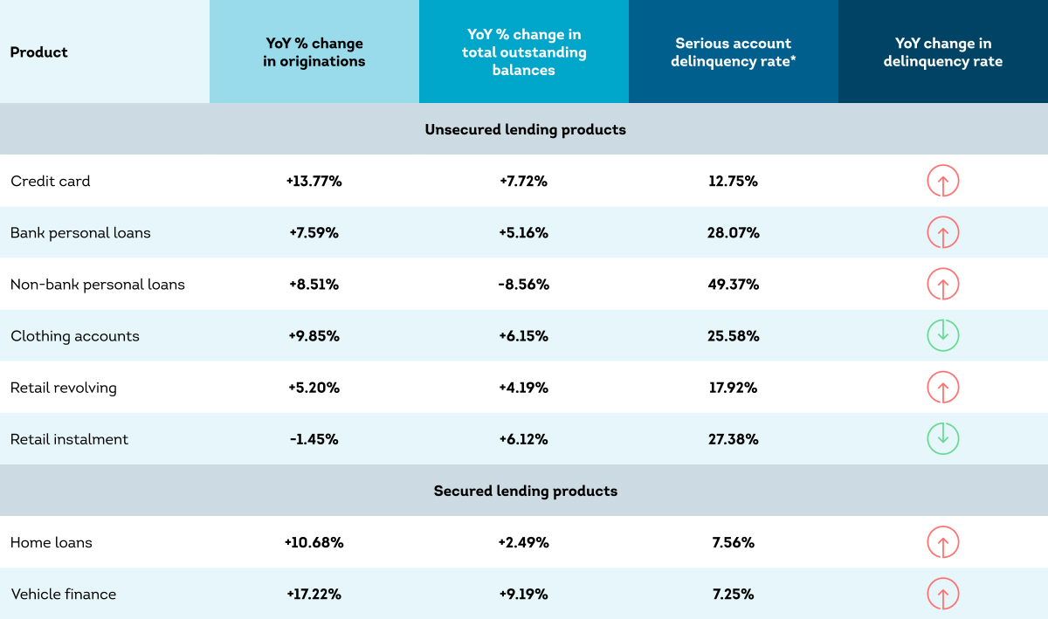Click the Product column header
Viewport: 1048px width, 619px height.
(x=38, y=52)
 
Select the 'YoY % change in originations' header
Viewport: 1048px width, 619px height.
(x=314, y=52)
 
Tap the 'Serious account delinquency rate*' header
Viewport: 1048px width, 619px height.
(x=733, y=52)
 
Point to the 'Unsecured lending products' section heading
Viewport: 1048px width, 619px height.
(x=525, y=129)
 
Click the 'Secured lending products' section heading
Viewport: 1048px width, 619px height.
(x=526, y=491)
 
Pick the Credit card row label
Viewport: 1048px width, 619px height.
(x=50, y=181)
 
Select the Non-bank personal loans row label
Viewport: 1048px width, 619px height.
(x=97, y=285)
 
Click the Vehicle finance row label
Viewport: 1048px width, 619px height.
(x=63, y=595)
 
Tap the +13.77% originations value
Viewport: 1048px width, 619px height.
(x=314, y=181)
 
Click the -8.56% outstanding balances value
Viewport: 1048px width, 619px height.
(x=523, y=285)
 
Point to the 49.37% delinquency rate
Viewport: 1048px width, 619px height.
(x=733, y=285)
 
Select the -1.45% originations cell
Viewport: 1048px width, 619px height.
(x=314, y=439)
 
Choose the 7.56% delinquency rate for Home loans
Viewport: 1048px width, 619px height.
(x=733, y=543)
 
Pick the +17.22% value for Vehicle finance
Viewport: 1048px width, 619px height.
(x=314, y=595)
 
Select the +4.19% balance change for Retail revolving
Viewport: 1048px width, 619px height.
(x=523, y=388)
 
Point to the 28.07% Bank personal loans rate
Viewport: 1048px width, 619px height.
(x=733, y=233)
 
